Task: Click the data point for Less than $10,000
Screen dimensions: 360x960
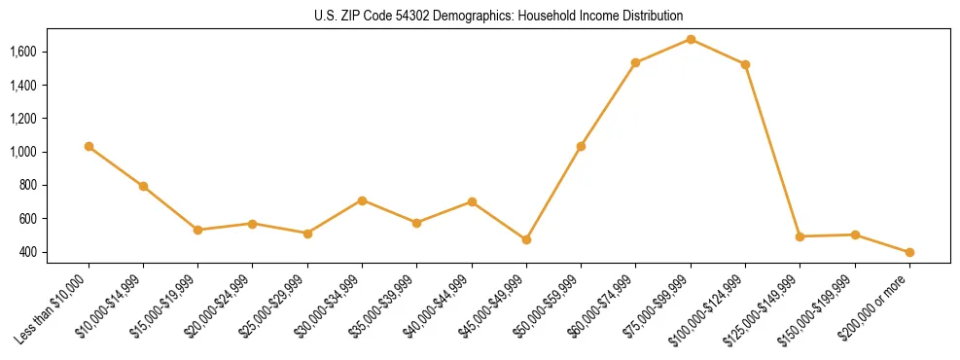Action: (x=89, y=146)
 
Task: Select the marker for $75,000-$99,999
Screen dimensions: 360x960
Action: (x=691, y=39)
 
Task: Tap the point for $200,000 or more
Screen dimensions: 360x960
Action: (x=909, y=252)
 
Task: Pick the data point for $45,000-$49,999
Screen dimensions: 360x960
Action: (x=526, y=239)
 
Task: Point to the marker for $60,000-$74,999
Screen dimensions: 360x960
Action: (x=636, y=62)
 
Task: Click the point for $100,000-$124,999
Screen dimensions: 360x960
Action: (x=745, y=64)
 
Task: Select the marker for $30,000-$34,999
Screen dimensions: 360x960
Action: (x=362, y=200)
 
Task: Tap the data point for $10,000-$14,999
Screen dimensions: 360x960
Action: (x=143, y=186)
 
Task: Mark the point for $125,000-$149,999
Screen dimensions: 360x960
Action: (x=800, y=236)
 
